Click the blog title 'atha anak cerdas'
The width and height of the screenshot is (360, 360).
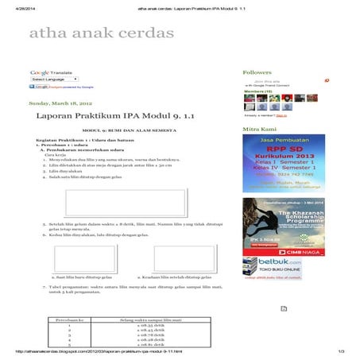click(x=100, y=33)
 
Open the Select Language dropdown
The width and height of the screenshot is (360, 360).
click(x=49, y=79)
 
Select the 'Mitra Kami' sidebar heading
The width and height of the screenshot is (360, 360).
click(x=259, y=129)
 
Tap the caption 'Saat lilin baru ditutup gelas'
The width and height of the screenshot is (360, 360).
click(x=82, y=277)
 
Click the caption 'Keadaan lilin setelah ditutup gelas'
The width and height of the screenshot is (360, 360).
click(x=168, y=277)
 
